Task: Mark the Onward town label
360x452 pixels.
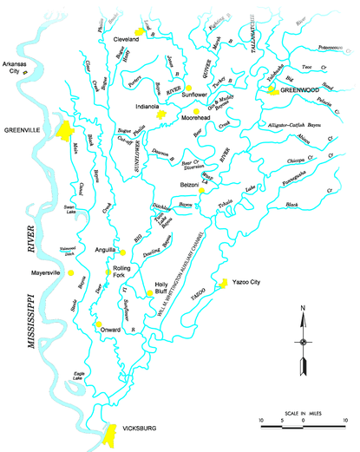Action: pyautogui.click(x=111, y=330)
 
